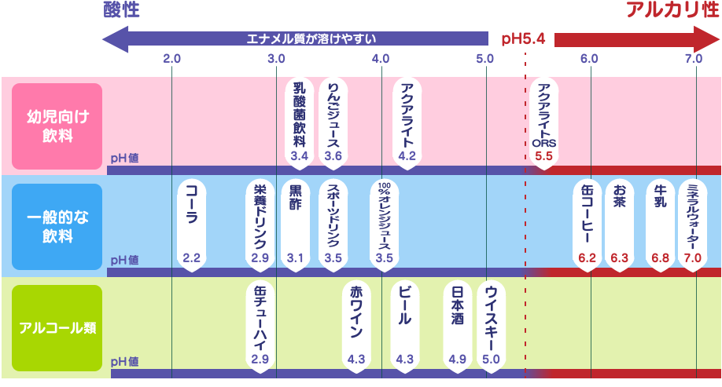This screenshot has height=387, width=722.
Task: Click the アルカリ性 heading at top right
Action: pos(674,11)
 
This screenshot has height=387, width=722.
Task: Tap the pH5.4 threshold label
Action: pos(523,38)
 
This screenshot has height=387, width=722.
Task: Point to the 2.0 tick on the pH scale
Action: pos(172,59)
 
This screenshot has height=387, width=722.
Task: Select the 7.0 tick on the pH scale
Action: pos(693,59)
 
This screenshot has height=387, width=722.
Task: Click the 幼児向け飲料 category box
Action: pos(57,126)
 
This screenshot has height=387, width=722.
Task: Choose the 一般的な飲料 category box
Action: pos(57,226)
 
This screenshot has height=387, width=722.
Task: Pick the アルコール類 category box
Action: pos(57,327)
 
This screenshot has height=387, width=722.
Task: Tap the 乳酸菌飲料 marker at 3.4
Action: pos(299,121)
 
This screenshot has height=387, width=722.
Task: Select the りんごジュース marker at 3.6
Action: pos(333,121)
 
